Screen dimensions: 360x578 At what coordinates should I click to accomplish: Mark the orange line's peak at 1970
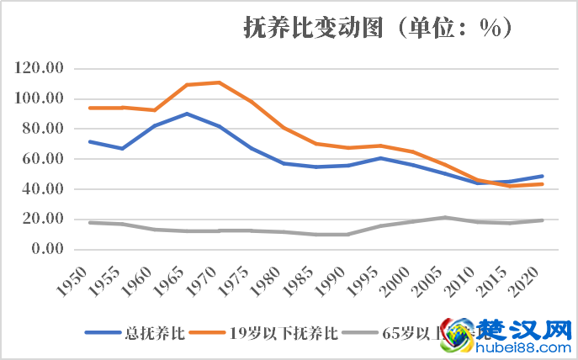click(x=219, y=82)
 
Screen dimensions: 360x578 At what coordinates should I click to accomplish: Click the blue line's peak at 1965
click(x=187, y=114)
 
